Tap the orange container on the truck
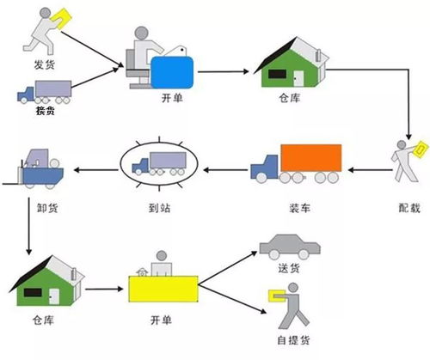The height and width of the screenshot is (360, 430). [x=310, y=158]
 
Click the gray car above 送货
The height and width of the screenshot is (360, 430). [x=290, y=245]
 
